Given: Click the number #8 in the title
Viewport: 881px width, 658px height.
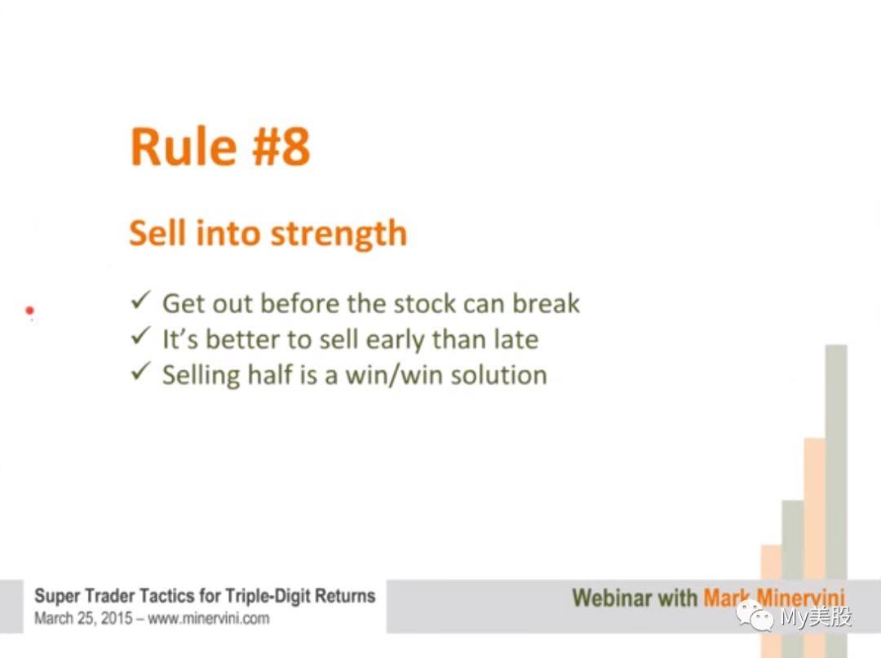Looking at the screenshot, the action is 281,147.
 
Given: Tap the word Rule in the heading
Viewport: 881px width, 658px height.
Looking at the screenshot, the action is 184,147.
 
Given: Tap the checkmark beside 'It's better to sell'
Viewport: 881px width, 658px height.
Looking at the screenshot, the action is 140,336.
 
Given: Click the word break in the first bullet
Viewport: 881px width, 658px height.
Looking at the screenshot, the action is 546,303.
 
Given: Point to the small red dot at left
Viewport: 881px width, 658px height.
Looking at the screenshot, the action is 30,310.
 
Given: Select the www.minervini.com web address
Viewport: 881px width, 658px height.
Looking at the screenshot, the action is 209,619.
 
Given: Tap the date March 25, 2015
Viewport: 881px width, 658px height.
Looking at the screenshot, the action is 84,619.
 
